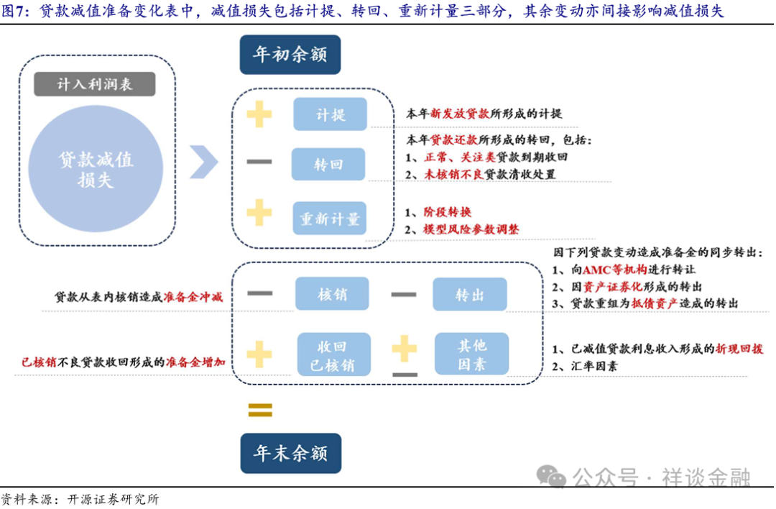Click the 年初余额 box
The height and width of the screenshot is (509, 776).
click(290, 54)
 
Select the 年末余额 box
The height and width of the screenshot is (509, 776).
click(290, 453)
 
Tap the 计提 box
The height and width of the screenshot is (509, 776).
click(330, 114)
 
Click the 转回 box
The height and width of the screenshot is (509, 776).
click(328, 165)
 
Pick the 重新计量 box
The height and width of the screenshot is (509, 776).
click(329, 219)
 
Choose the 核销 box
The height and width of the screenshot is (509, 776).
click(331, 294)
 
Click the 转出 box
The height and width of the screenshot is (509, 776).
click(469, 294)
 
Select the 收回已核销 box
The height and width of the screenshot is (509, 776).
click(333, 355)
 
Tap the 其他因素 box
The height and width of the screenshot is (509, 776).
click(471, 355)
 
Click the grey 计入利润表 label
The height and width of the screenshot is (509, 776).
click(94, 84)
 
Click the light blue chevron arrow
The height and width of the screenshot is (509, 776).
click(203, 162)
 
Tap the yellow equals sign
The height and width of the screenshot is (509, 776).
click(260, 410)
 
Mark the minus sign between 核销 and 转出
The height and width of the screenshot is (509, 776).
click(403, 294)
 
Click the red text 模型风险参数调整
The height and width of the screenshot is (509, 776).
click(471, 229)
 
